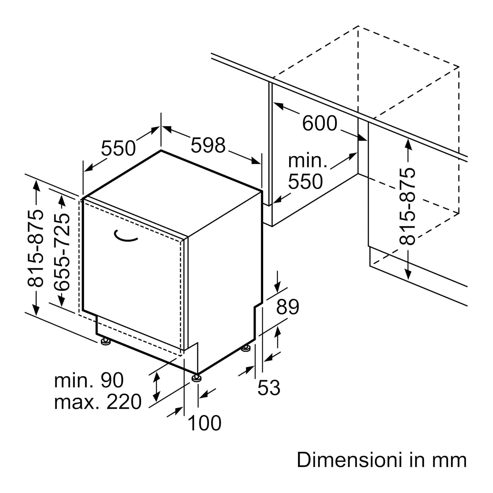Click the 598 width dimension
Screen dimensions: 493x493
[x=208, y=145]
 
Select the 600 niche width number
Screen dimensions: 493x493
[x=320, y=123]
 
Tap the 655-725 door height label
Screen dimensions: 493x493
[x=62, y=251]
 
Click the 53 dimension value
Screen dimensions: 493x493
[x=269, y=387]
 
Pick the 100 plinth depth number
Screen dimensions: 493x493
[x=205, y=423]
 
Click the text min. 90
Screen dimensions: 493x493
[x=89, y=380]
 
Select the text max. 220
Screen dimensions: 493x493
[x=98, y=402]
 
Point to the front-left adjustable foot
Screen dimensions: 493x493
[x=106, y=342]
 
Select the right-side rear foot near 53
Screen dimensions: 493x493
[x=246, y=349]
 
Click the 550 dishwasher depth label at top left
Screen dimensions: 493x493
[x=118, y=148]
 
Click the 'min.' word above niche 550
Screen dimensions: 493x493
[x=307, y=161]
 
